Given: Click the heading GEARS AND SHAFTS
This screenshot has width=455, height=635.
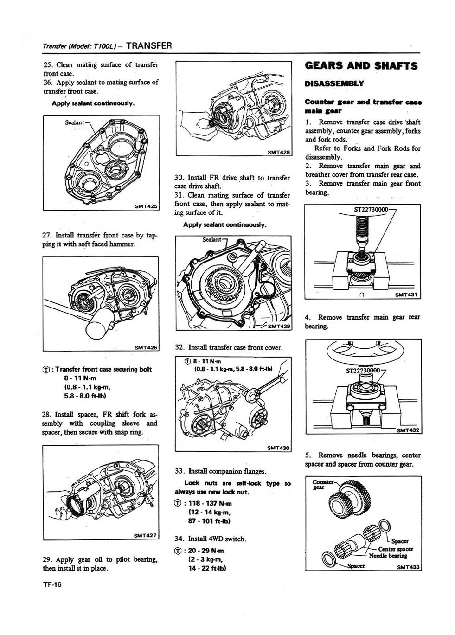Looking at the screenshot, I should point(361,66).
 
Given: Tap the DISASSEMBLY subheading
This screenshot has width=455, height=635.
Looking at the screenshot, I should point(334,84).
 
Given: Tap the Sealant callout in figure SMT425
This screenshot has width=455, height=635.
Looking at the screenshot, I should point(74,122).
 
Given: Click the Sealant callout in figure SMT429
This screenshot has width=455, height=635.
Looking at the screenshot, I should point(212,239).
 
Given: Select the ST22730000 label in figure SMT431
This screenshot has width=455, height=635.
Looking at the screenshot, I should point(371,210).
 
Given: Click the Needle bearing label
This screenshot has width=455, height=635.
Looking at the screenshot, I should point(388,556).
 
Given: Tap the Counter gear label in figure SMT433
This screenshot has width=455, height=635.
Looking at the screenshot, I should point(322,484).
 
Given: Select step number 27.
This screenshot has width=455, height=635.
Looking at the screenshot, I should point(47,235).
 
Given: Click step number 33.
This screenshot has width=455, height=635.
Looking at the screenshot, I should point(179,472).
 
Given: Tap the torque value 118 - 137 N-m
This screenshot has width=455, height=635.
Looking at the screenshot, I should point(210,503).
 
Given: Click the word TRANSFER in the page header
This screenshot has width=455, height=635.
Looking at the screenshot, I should point(149,45).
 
